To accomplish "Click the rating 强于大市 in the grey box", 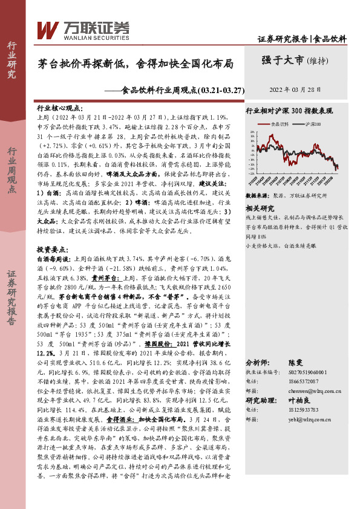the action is tap(283, 60).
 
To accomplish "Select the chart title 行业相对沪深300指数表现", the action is tap(289, 111).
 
